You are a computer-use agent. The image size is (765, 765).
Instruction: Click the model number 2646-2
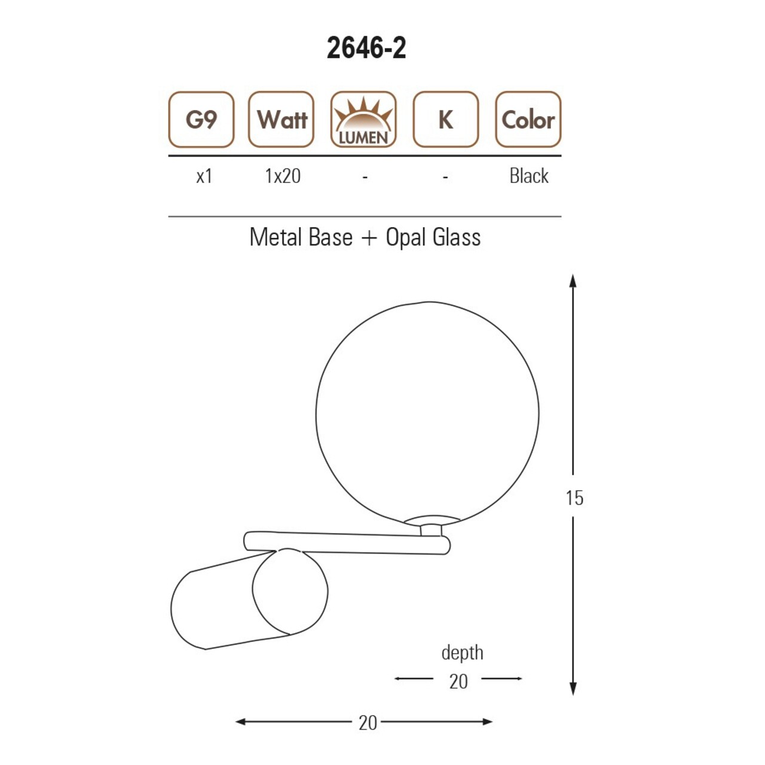pyautogui.click(x=366, y=49)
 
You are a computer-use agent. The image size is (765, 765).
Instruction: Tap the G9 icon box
pyautogui.click(x=201, y=120)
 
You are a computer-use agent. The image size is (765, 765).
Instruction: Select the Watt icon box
pyautogui.click(x=281, y=120)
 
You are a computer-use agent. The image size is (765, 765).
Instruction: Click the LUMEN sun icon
pyautogui.click(x=363, y=120)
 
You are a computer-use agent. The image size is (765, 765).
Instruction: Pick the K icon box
pyautogui.click(x=445, y=120)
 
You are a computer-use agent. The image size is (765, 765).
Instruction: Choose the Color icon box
pyautogui.click(x=528, y=120)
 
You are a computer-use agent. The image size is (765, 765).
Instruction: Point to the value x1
pyautogui.click(x=204, y=176)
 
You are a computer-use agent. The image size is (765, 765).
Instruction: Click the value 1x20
pyautogui.click(x=283, y=176)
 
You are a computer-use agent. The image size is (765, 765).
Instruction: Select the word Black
pyautogui.click(x=529, y=176)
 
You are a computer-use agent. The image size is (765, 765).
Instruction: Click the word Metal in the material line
pyautogui.click(x=276, y=237)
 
